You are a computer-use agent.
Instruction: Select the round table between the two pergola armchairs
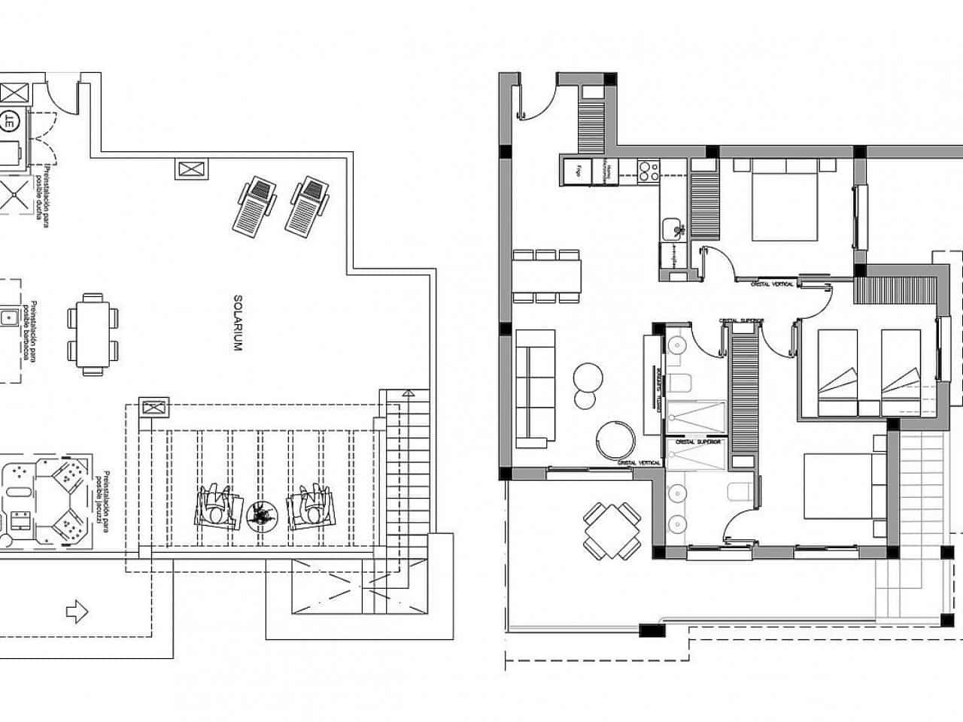click(x=260, y=514)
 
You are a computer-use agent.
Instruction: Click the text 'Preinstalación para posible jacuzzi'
click(x=103, y=501)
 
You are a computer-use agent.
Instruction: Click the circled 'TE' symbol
click(x=11, y=119)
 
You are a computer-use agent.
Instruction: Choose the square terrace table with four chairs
click(x=612, y=531)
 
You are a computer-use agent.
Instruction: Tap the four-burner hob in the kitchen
click(x=647, y=171)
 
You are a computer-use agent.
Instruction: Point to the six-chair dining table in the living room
click(x=548, y=275)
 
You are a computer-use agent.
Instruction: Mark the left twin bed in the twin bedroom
click(x=838, y=372)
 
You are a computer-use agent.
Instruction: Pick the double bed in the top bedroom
click(x=784, y=199)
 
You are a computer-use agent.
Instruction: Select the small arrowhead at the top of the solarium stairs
click(x=407, y=393)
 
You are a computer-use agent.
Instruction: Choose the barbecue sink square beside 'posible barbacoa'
click(x=9, y=317)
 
